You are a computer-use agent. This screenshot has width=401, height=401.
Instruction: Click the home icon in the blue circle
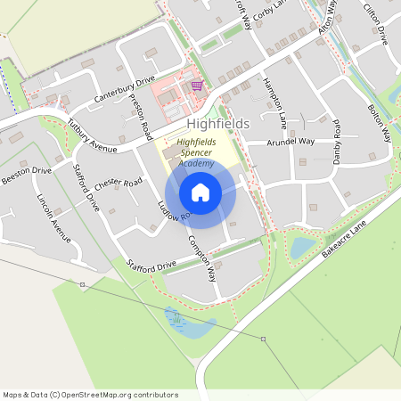pyautogui.click(x=200, y=192)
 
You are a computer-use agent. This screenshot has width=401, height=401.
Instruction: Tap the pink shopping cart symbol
pyautogui.click(x=196, y=86)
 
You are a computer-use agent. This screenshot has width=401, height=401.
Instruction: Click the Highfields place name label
pyautogui.click(x=218, y=124)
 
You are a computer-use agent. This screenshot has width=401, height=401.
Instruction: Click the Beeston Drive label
pyautogui.click(x=26, y=174)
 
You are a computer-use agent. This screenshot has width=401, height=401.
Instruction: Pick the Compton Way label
pyautogui.click(x=202, y=259)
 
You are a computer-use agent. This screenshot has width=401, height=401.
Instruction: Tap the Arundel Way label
pyautogui.click(x=294, y=141)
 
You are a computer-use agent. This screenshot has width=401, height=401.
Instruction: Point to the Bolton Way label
pyautogui.click(x=380, y=122)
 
